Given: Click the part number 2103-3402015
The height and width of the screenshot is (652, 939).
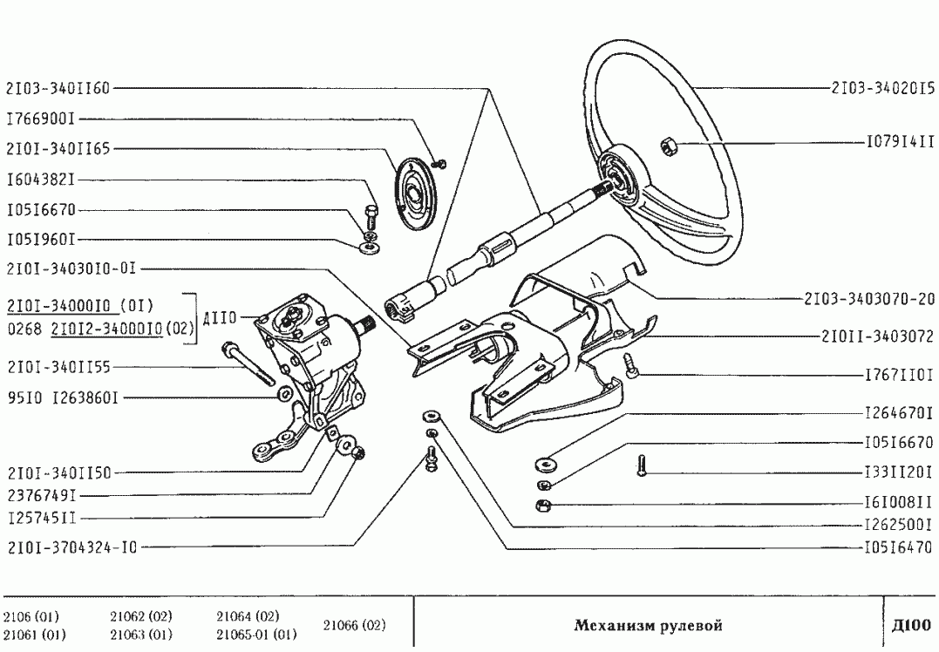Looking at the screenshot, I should (x=882, y=89).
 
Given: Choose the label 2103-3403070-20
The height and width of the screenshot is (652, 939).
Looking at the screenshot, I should (x=869, y=298).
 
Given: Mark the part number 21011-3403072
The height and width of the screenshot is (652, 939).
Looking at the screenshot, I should (x=876, y=336).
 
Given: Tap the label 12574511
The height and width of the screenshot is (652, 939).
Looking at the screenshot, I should (x=41, y=517).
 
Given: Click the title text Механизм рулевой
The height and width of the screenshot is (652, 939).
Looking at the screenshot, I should (x=648, y=626).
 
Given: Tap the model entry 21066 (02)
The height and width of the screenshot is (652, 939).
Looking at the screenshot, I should (x=354, y=626).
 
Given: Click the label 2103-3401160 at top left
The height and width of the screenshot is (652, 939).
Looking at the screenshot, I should (x=58, y=88).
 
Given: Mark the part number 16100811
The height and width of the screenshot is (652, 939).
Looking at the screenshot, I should (x=898, y=504).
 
